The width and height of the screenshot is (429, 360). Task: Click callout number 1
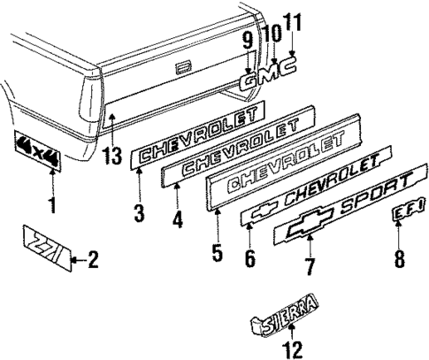(x=50, y=209)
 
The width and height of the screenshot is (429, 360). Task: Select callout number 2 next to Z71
(x=94, y=260)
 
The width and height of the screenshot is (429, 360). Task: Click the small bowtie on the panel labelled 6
(x=261, y=213)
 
